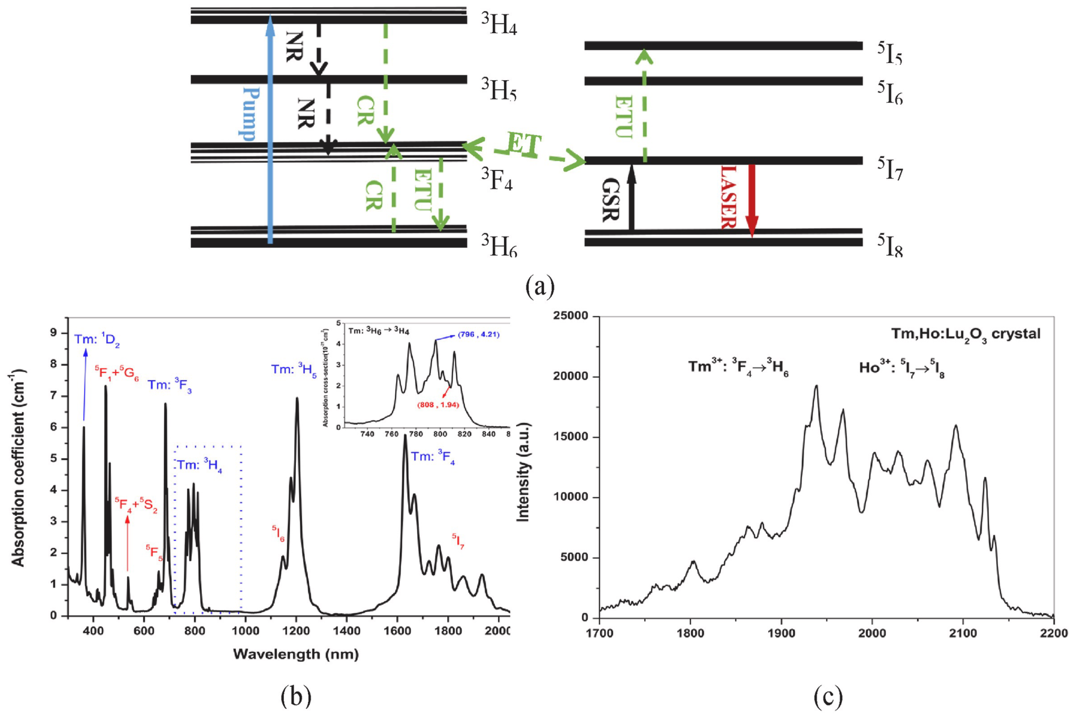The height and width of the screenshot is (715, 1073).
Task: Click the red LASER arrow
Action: click(x=752, y=201)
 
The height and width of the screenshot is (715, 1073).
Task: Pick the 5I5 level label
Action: click(x=890, y=54)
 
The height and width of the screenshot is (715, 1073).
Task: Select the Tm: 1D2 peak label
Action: click(x=97, y=341)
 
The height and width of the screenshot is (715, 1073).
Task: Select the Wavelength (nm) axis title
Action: click(x=296, y=654)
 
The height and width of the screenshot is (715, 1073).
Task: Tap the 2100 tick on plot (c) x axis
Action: click(x=963, y=634)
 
